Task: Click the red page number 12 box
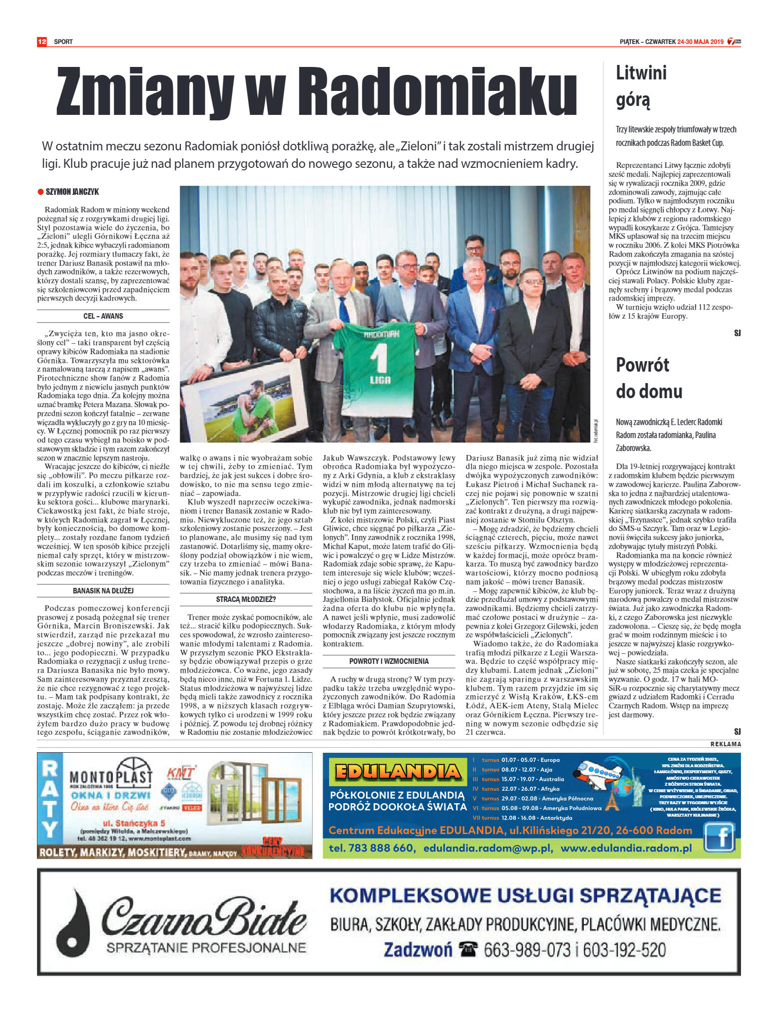click(42, 41)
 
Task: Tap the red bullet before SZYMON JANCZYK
click(40, 192)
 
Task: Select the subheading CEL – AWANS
click(103, 316)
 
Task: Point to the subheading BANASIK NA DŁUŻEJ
click(103, 591)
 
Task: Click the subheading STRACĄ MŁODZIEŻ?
click(246, 599)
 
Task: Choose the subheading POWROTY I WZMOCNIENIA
click(389, 661)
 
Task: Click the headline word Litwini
click(641, 73)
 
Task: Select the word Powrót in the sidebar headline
click(643, 365)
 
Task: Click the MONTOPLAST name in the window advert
click(110, 778)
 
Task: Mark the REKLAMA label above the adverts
click(726, 744)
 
